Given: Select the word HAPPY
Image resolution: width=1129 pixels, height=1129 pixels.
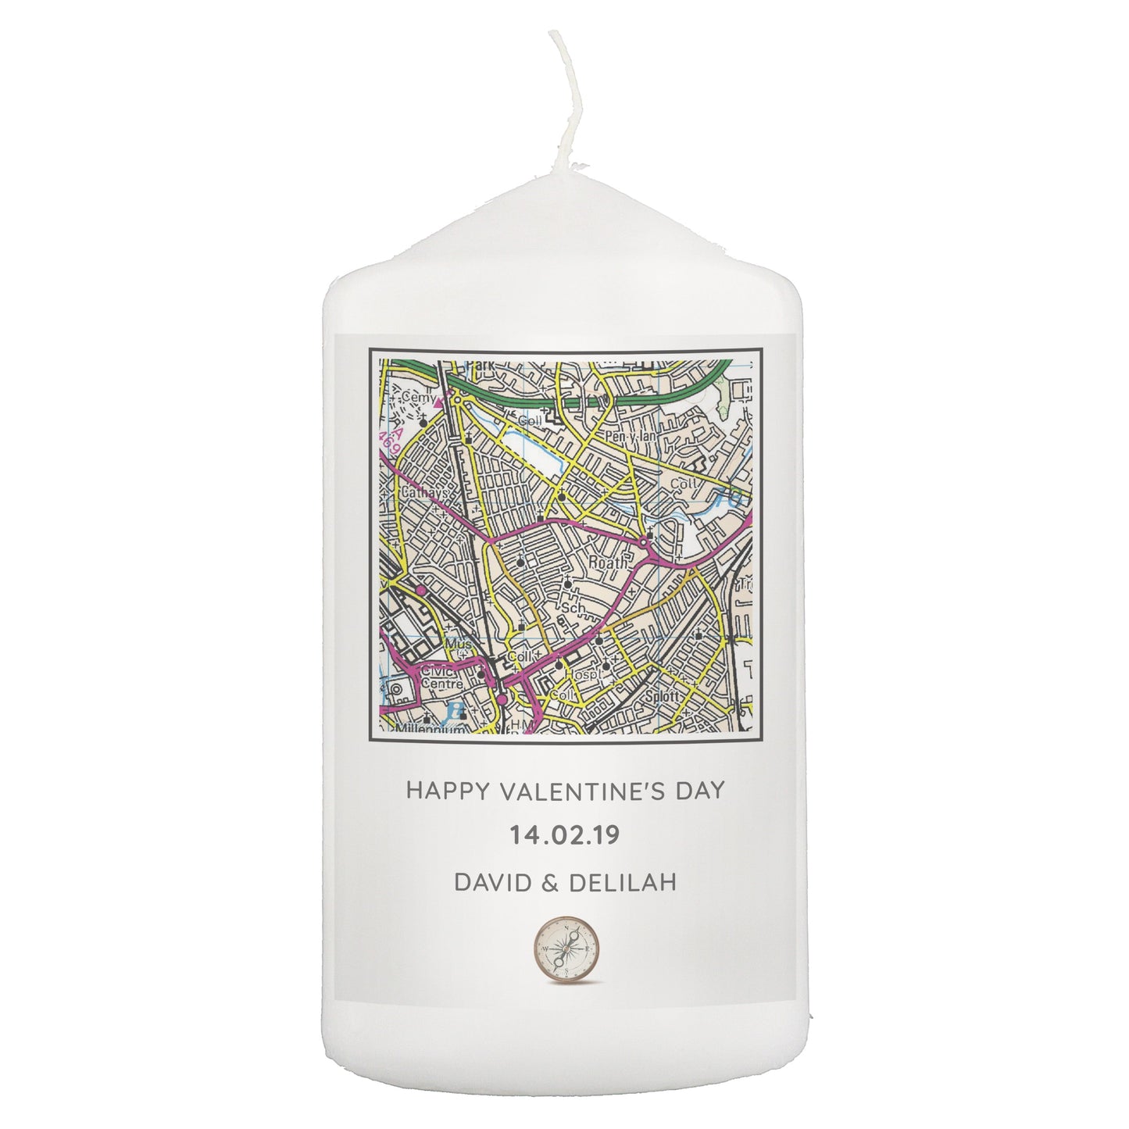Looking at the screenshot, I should pyautogui.click(x=445, y=790).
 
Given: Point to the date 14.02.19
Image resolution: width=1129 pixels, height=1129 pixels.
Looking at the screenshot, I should pyautogui.click(x=564, y=835).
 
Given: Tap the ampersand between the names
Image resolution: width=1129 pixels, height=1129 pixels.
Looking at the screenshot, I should pyautogui.click(x=547, y=882).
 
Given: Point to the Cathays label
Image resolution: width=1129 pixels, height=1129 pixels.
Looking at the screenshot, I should pyautogui.click(x=425, y=495).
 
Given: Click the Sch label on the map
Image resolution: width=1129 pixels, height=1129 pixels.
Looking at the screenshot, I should pyautogui.click(x=573, y=606).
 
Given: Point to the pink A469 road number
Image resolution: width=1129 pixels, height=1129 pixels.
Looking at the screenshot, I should pyautogui.click(x=389, y=439).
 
